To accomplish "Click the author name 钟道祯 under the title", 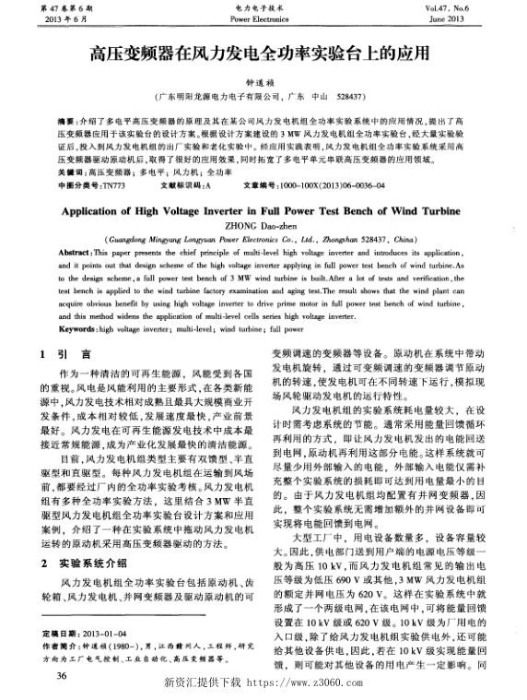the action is coord(263,80).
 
